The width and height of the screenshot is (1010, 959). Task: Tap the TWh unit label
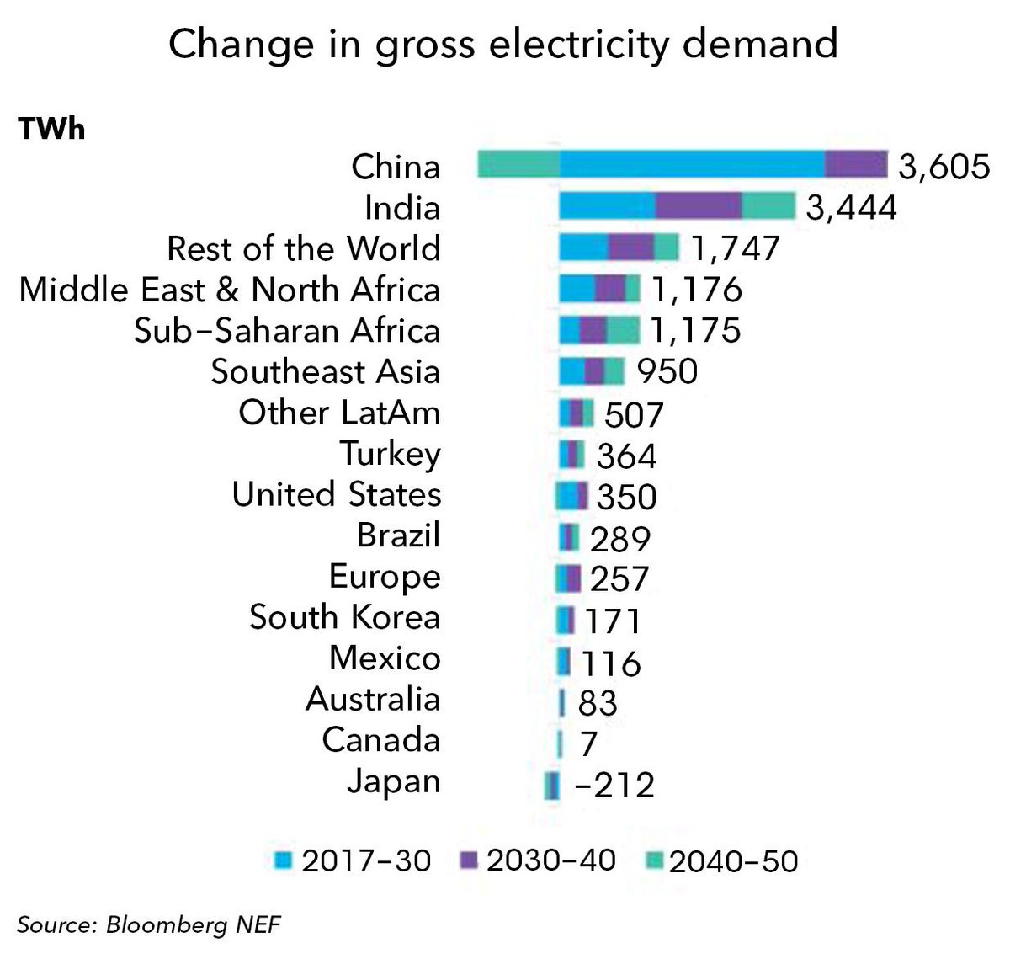pyautogui.click(x=51, y=131)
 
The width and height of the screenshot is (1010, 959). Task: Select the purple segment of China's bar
pyautogui.click(x=856, y=164)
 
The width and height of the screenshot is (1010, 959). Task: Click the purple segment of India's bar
pyautogui.click(x=699, y=206)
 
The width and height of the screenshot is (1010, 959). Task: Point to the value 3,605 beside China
pyautogui.click(x=944, y=167)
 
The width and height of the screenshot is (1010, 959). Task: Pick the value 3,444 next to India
pyautogui.click(x=851, y=207)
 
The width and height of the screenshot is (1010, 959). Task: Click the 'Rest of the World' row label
pyautogui.click(x=304, y=248)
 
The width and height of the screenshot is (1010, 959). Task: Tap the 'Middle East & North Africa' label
pyautogui.click(x=230, y=290)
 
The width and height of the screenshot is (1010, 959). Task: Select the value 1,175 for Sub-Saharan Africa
pyautogui.click(x=695, y=331)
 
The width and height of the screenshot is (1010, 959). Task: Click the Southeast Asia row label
pyautogui.click(x=326, y=371)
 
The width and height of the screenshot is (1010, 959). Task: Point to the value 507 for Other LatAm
pyautogui.click(x=634, y=414)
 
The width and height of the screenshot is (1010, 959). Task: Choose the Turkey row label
pyautogui.click(x=391, y=454)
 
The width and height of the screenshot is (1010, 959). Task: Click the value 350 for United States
pyautogui.click(x=626, y=497)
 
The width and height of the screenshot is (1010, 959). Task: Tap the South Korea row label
pyautogui.click(x=345, y=617)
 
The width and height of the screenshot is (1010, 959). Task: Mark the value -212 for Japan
pyautogui.click(x=614, y=786)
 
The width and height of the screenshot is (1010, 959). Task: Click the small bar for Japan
pyautogui.click(x=551, y=786)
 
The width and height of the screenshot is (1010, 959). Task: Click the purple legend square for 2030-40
pyautogui.click(x=469, y=860)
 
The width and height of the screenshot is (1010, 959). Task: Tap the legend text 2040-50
pyautogui.click(x=733, y=861)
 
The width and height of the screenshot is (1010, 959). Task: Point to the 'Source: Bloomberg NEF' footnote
pyautogui.click(x=148, y=925)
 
